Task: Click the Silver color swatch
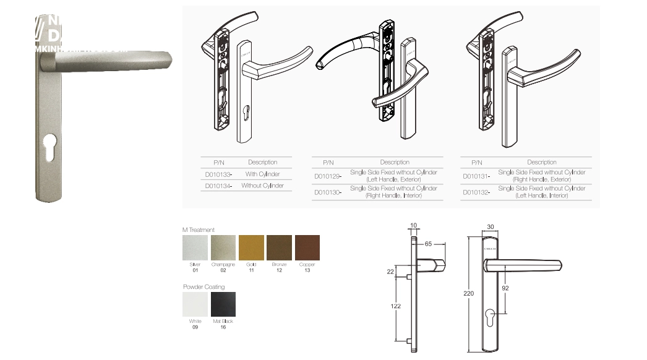[x=195, y=247]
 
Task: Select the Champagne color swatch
[x=223, y=247]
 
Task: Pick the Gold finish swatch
[x=251, y=247]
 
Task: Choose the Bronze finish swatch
[x=279, y=247]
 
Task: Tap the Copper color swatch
[x=307, y=247]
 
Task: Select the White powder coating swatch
[x=195, y=304]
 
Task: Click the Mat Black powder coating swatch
[x=223, y=304]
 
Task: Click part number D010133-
[x=218, y=175]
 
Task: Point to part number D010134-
[x=218, y=186]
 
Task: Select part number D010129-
[x=327, y=176]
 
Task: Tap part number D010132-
[x=477, y=192]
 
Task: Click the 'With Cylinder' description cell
[x=263, y=174]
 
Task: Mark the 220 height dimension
[x=468, y=293]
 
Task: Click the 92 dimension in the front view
[x=505, y=288]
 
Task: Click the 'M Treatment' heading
[x=199, y=230]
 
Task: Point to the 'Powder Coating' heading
[x=204, y=287]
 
